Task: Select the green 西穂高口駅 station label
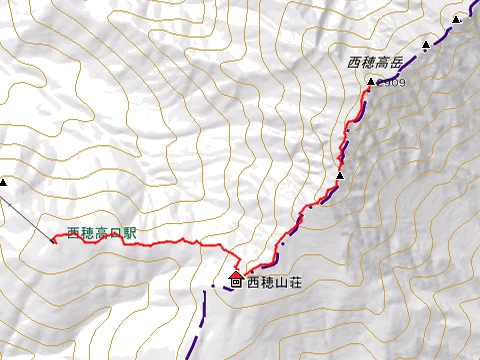click(x=101, y=233)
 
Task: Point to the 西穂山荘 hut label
click(x=274, y=283)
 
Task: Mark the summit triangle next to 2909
click(x=371, y=81)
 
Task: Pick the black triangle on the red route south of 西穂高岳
click(x=339, y=176)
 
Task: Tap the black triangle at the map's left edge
click(x=3, y=183)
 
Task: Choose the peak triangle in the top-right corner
click(x=456, y=19)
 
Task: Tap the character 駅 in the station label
click(x=130, y=233)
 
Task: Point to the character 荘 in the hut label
click(x=295, y=283)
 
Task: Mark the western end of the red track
click(x=53, y=240)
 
